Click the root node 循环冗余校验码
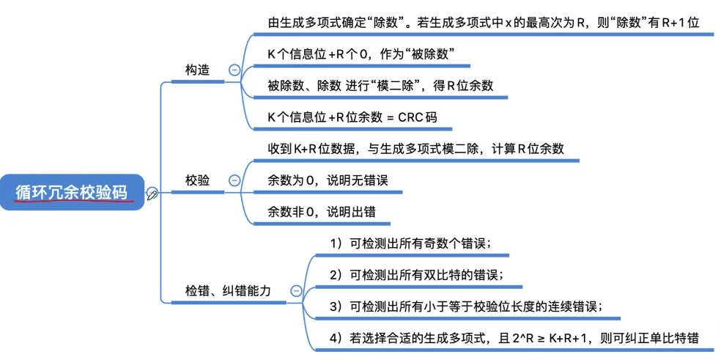(72, 192)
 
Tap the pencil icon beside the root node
(152, 194)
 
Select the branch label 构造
(197, 70)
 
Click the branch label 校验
(197, 180)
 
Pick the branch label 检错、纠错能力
(228, 291)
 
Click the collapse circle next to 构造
(234, 70)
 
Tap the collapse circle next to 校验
(234, 180)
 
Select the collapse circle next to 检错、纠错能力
(296, 291)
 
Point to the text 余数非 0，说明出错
(322, 212)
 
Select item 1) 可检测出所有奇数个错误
(410, 243)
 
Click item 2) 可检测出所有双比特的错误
(415, 275)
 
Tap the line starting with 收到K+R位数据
(416, 149)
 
